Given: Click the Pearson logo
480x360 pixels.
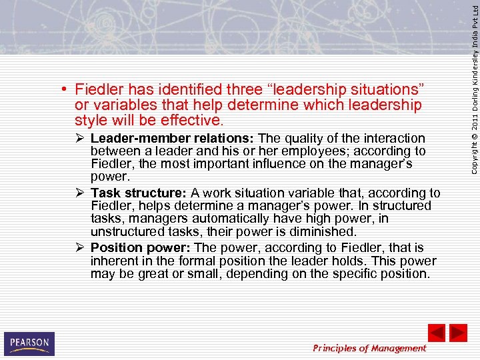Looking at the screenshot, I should [x=29, y=343].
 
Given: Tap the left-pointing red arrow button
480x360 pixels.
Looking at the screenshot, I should [x=436, y=333].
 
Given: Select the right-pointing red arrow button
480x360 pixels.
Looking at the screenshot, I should [x=458, y=333].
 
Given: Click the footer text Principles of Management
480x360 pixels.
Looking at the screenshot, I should [x=369, y=348].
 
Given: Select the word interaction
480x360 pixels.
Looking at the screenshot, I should [x=394, y=139].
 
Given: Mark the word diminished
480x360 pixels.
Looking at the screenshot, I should [x=324, y=231].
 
